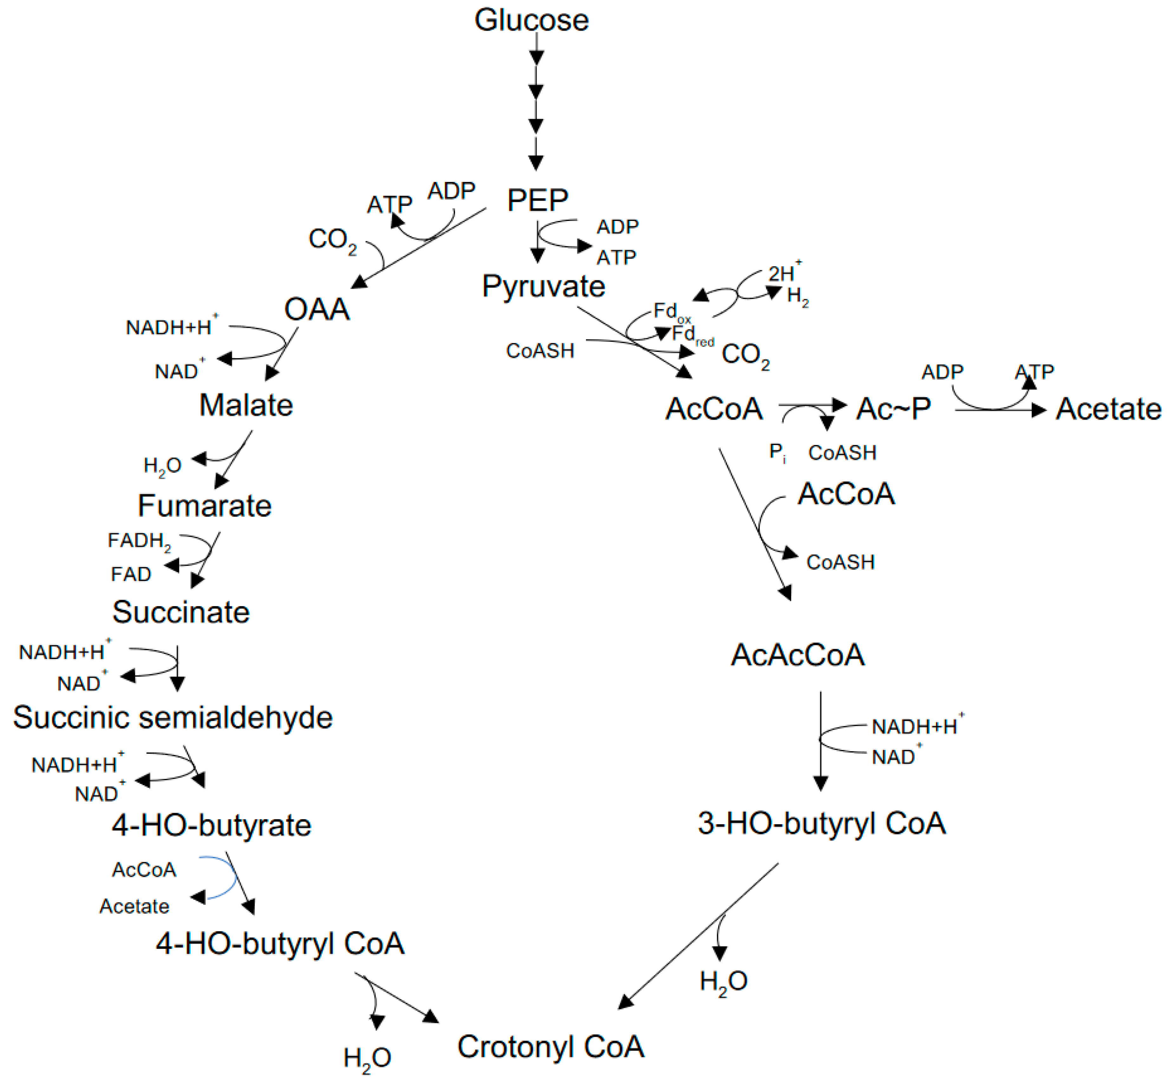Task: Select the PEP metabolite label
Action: pos(537,200)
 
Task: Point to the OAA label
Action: pos(317,309)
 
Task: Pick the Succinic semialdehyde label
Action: pos(173,718)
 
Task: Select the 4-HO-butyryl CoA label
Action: pos(280,944)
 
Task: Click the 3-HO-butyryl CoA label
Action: pos(821,823)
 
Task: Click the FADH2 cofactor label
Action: pos(139,541)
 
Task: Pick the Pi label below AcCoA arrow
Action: pos(777,453)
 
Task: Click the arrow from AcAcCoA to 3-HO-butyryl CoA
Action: pos(821,740)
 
